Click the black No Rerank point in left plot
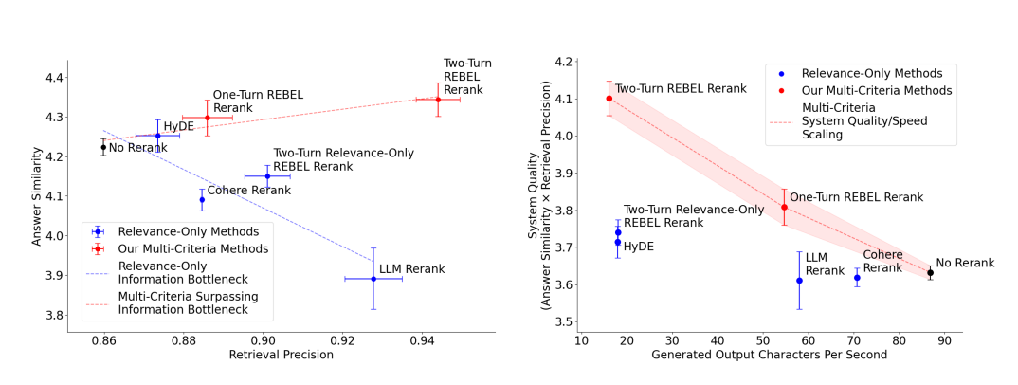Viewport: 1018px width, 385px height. pyautogui.click(x=103, y=147)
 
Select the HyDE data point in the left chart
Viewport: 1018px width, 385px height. pyautogui.click(x=158, y=136)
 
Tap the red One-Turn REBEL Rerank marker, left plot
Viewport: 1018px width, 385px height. pyautogui.click(x=208, y=118)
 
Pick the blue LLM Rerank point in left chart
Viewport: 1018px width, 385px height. pyautogui.click(x=373, y=279)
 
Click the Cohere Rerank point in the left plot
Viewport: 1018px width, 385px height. pyautogui.click(x=202, y=199)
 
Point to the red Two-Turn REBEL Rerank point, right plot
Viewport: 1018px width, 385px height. pyautogui.click(x=609, y=99)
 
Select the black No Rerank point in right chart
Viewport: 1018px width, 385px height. pyautogui.click(x=930, y=273)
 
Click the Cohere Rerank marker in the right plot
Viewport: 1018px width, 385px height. pyautogui.click(x=857, y=278)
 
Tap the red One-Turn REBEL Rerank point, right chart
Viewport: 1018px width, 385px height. pyautogui.click(x=784, y=207)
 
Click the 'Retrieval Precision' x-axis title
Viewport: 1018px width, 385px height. pyautogui.click(x=282, y=356)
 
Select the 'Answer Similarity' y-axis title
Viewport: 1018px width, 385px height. pyautogui.click(x=38, y=196)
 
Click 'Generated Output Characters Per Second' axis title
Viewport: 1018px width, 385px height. pyautogui.click(x=770, y=356)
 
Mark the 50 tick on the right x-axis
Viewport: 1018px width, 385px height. pyautogui.click(x=762, y=339)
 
